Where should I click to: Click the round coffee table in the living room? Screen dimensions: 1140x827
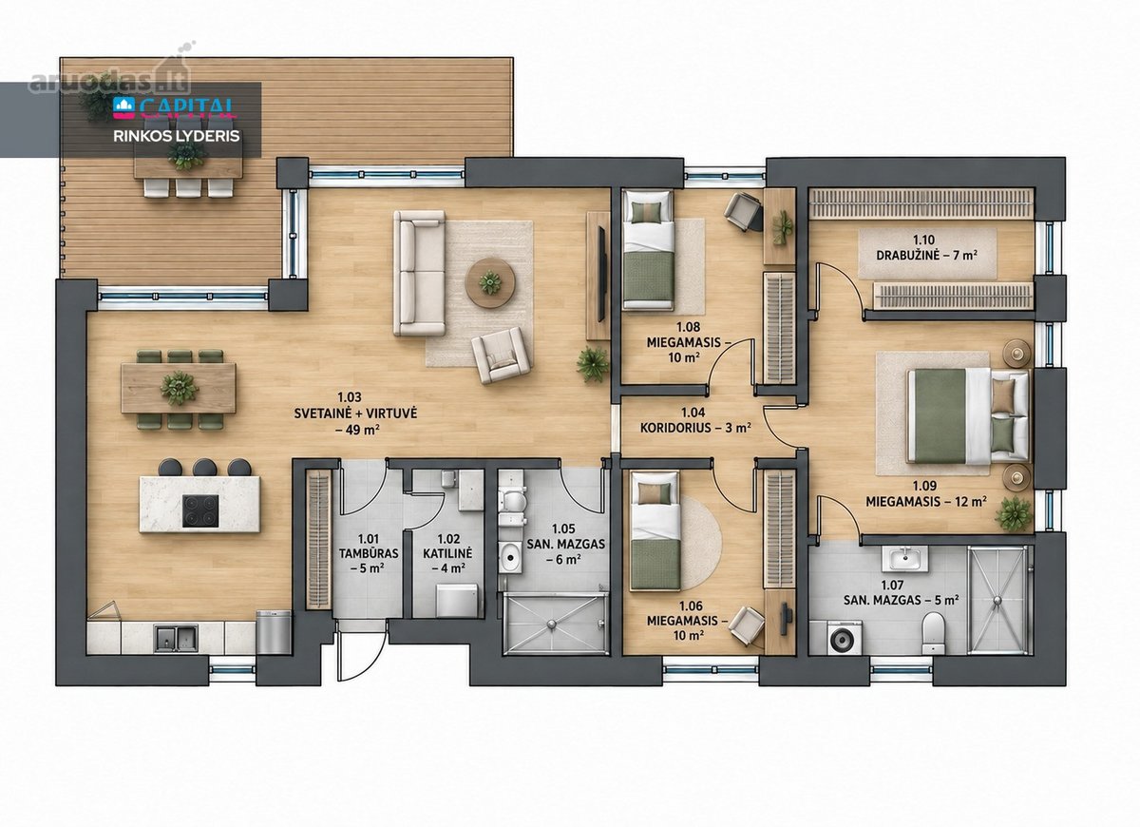489,282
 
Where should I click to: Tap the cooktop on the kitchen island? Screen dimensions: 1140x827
200,511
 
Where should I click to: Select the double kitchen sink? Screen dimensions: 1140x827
176,639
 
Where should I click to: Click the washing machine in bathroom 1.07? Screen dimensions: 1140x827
845,638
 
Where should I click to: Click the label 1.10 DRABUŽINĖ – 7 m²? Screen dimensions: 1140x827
925,247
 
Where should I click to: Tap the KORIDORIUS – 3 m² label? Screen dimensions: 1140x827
695,427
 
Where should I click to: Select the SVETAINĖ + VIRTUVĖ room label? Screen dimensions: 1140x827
355,413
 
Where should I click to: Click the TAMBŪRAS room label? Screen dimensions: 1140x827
369,553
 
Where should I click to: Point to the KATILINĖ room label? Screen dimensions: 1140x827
447,553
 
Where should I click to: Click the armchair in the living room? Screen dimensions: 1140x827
501,355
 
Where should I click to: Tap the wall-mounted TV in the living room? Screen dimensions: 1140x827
601,275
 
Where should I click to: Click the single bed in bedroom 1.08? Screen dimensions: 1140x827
647,249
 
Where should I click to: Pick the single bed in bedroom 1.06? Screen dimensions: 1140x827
655,530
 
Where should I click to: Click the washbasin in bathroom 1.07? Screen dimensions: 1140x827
907,558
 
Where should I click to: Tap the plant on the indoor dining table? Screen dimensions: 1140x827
180,388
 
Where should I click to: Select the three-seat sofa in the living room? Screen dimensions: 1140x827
419,273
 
